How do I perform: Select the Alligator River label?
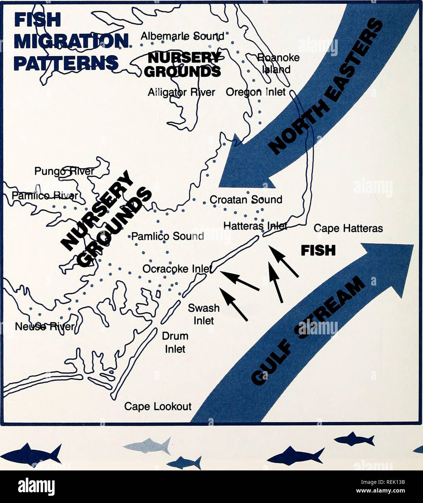click(181, 92)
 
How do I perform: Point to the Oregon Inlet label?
click(256, 92)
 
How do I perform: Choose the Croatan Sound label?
click(246, 199)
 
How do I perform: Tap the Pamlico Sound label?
click(167, 236)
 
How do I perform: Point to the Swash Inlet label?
click(204, 314)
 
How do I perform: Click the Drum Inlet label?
click(175, 342)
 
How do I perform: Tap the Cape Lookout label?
click(158, 406)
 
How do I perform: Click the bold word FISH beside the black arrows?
click(318, 250)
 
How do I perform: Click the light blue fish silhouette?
click(149, 445)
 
